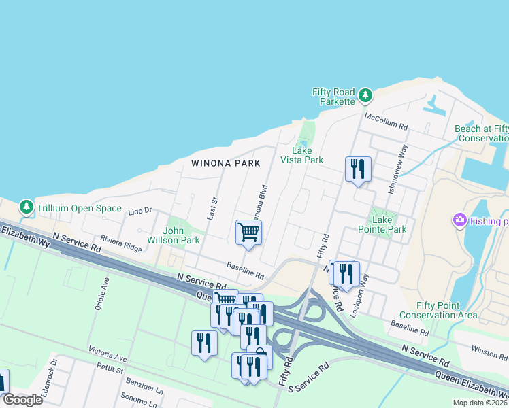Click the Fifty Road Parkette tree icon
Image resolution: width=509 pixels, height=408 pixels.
(365, 95)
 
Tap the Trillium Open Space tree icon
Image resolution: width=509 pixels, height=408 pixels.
(27, 206)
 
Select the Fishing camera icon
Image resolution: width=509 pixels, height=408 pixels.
(459, 220)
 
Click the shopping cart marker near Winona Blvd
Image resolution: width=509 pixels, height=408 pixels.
(248, 233)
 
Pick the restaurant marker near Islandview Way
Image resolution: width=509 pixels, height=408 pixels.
(358, 168)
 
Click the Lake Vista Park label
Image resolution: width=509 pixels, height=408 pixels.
(302, 155)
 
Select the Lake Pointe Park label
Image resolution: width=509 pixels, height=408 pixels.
(384, 224)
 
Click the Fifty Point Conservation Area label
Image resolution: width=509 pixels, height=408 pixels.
(438, 310)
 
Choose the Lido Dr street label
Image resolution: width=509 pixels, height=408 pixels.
(139, 212)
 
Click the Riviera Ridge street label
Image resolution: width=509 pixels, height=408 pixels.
(121, 243)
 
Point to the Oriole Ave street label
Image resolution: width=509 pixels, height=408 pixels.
(106, 293)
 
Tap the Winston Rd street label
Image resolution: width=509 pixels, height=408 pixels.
(490, 352)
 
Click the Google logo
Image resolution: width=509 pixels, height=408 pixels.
(22, 400)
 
